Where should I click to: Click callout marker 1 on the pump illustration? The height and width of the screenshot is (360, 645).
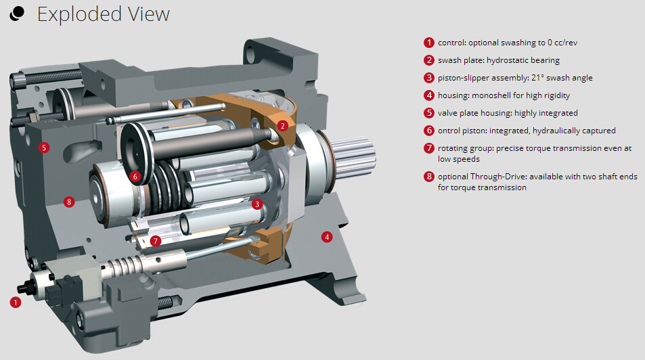pos(16,302)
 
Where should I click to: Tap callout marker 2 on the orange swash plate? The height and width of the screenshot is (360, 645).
pos(282,125)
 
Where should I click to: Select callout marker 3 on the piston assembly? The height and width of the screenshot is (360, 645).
pos(257,204)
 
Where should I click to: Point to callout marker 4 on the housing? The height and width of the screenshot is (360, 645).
pos(327,237)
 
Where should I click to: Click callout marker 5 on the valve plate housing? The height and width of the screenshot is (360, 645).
pos(44,148)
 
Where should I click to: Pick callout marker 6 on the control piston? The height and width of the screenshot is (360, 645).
pos(135,177)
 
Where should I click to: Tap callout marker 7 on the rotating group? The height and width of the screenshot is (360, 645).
pos(155,241)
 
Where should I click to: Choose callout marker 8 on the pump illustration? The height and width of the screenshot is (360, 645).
pos(69,202)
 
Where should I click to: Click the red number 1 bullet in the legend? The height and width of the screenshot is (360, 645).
pos(429,43)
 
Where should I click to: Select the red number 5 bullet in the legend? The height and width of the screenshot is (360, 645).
pos(429,113)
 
